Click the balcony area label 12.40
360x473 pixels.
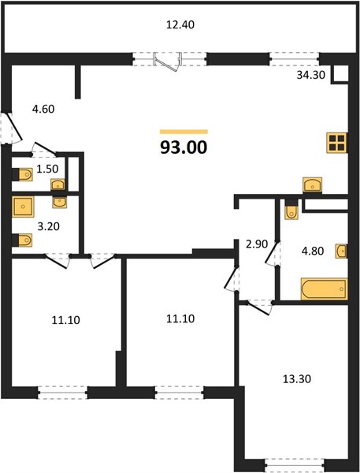180,24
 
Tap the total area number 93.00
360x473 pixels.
184,147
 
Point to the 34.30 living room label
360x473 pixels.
311,75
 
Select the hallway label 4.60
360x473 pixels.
43,109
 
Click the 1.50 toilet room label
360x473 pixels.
47,169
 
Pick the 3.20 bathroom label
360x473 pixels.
48,226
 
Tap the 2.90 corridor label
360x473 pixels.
257,244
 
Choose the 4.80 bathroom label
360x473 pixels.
313,251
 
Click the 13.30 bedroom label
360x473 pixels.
297,379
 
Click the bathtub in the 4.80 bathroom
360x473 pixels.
324,289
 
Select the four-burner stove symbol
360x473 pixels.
337,143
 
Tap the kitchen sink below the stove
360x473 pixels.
313,184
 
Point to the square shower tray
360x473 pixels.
23,207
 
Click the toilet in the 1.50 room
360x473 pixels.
23,174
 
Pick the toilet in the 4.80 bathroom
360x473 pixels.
291,210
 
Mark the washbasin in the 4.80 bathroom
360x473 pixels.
341,251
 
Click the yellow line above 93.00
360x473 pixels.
184,132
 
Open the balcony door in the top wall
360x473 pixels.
168,61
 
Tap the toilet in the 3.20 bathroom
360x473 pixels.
23,240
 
